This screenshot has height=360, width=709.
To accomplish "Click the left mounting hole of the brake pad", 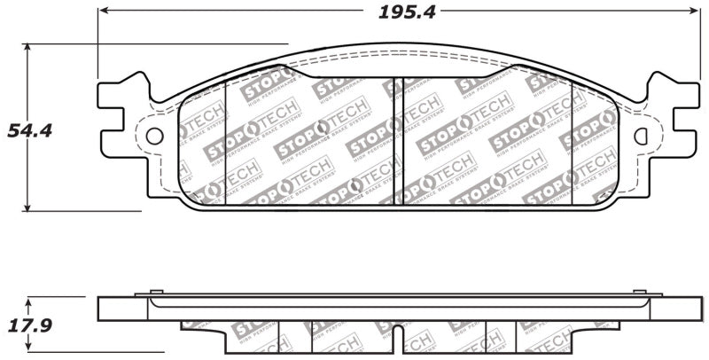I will pos(154,136).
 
